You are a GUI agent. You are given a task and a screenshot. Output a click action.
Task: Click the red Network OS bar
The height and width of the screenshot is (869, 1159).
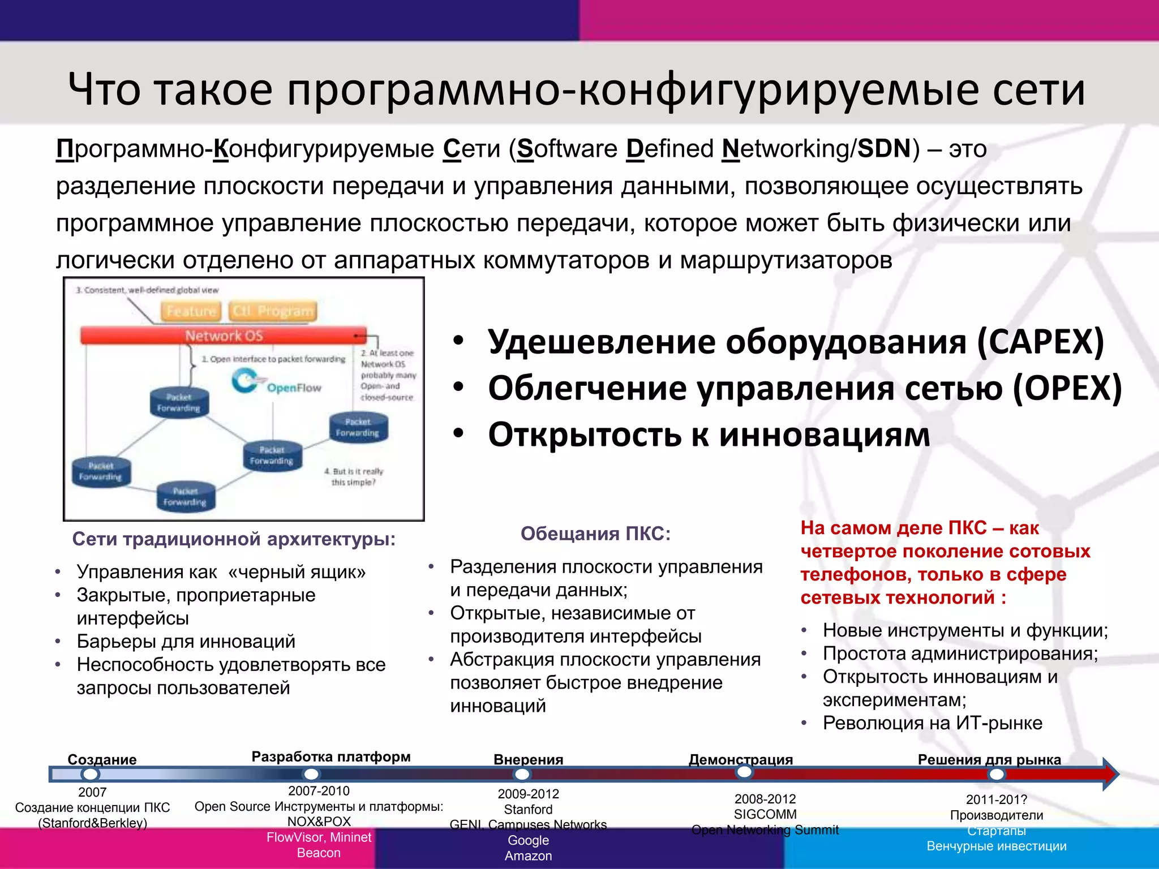[224, 335]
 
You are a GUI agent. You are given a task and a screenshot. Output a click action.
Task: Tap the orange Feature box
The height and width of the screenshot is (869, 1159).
[191, 311]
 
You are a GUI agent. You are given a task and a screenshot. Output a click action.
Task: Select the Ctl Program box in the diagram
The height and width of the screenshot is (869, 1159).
[272, 311]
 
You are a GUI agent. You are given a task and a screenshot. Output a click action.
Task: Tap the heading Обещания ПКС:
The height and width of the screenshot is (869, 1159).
[595, 534]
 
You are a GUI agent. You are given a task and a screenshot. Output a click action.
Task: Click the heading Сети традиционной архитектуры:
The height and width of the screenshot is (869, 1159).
[234, 539]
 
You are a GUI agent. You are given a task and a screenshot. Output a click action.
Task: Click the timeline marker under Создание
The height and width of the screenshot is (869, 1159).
[91, 773]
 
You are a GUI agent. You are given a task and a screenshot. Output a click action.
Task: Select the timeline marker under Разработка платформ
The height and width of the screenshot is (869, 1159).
[311, 773]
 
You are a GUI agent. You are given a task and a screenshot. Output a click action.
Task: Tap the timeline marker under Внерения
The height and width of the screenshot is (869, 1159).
[522, 774]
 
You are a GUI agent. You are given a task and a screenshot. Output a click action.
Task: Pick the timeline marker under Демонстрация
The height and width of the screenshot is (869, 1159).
[744, 772]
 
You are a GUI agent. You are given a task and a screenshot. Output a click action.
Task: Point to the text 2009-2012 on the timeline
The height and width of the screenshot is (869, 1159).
[528, 794]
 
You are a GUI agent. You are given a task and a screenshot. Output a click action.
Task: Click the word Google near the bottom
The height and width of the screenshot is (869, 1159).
[528, 840]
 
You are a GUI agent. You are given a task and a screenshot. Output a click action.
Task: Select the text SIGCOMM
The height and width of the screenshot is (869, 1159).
[765, 814]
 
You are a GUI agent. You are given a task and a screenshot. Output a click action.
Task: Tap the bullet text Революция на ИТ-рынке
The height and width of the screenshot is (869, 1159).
[932, 723]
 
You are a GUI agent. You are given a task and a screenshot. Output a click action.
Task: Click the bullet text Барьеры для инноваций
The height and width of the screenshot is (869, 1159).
[186, 642]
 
